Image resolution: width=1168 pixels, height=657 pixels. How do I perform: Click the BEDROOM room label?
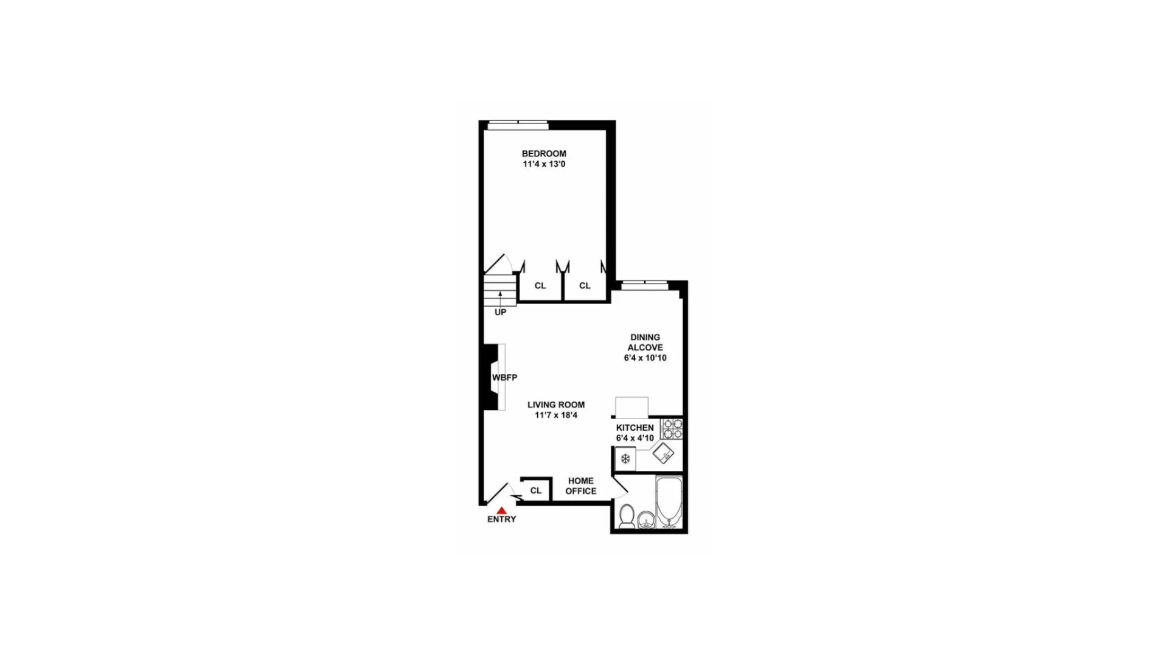coord(544,154)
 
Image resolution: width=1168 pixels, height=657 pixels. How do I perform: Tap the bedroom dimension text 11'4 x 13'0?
coord(544,164)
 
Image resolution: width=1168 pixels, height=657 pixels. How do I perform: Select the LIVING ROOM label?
coord(556,405)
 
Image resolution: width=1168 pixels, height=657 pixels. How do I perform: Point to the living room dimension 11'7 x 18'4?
coord(556,415)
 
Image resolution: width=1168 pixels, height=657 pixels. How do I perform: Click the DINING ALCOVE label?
coord(645,342)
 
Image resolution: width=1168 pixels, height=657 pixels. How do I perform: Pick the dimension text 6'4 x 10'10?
coord(645,358)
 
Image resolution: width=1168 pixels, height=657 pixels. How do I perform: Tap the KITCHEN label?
coord(634,428)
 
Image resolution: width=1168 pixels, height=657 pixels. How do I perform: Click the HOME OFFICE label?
coord(581,486)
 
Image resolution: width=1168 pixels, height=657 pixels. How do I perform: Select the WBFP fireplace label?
coord(504,378)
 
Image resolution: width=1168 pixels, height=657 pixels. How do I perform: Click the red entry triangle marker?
coord(501,511)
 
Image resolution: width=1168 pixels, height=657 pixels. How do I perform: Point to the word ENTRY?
coord(501,520)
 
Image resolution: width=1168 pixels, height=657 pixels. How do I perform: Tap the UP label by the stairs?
coord(500,312)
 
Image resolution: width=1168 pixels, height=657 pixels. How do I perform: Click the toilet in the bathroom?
coord(627,516)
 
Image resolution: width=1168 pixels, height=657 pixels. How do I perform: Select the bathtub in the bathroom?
coord(669,502)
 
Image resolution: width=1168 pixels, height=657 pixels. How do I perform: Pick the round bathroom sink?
coord(646,520)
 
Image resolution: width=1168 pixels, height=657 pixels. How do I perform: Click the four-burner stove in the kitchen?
coord(672,428)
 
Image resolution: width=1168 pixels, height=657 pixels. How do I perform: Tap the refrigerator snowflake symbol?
coord(625,459)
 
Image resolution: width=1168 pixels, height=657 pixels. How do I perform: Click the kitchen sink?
coord(663,453)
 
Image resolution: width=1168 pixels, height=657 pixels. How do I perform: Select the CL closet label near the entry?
coord(535,490)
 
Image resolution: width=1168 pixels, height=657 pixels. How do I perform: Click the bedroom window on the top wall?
coord(518,125)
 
